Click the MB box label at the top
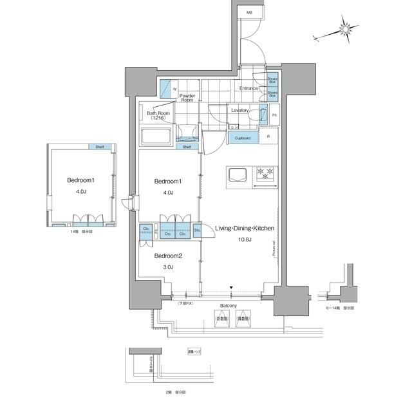(249, 12)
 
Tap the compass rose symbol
(345, 30)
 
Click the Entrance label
(248, 88)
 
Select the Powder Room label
(187, 97)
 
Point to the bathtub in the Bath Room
(155, 137)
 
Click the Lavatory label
(240, 110)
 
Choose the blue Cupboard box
(242, 138)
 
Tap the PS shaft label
(274, 115)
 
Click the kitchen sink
(236, 175)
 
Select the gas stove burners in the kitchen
(265, 173)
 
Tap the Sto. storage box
(197, 229)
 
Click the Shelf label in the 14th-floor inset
(100, 147)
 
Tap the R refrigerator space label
(268, 136)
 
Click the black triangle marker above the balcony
(231, 287)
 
